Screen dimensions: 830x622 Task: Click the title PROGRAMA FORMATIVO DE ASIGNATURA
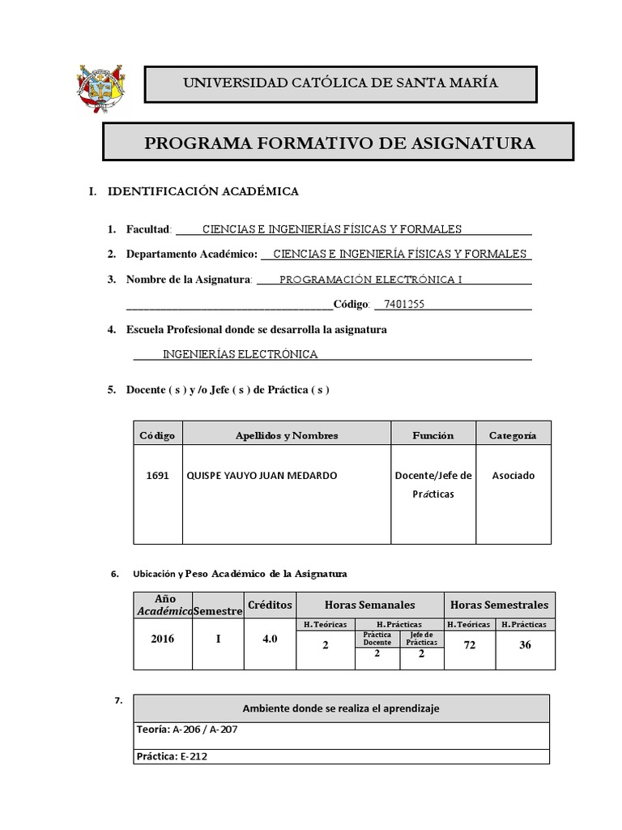339,143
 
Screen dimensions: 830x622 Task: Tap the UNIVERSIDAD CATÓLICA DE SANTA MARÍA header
340,83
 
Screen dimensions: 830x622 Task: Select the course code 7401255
404,305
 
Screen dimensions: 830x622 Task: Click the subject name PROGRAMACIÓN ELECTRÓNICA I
371,280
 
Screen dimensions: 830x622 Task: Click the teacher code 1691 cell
158,476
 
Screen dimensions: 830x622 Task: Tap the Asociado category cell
513,476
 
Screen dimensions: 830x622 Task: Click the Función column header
432,435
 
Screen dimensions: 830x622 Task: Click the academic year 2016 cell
162,639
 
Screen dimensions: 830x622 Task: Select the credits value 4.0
270,639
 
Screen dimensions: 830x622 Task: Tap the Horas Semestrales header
499,605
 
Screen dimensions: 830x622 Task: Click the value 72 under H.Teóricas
469,645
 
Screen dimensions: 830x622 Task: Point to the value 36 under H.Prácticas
524,645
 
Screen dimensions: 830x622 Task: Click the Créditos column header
270,605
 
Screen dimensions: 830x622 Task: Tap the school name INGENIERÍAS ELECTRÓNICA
241,354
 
